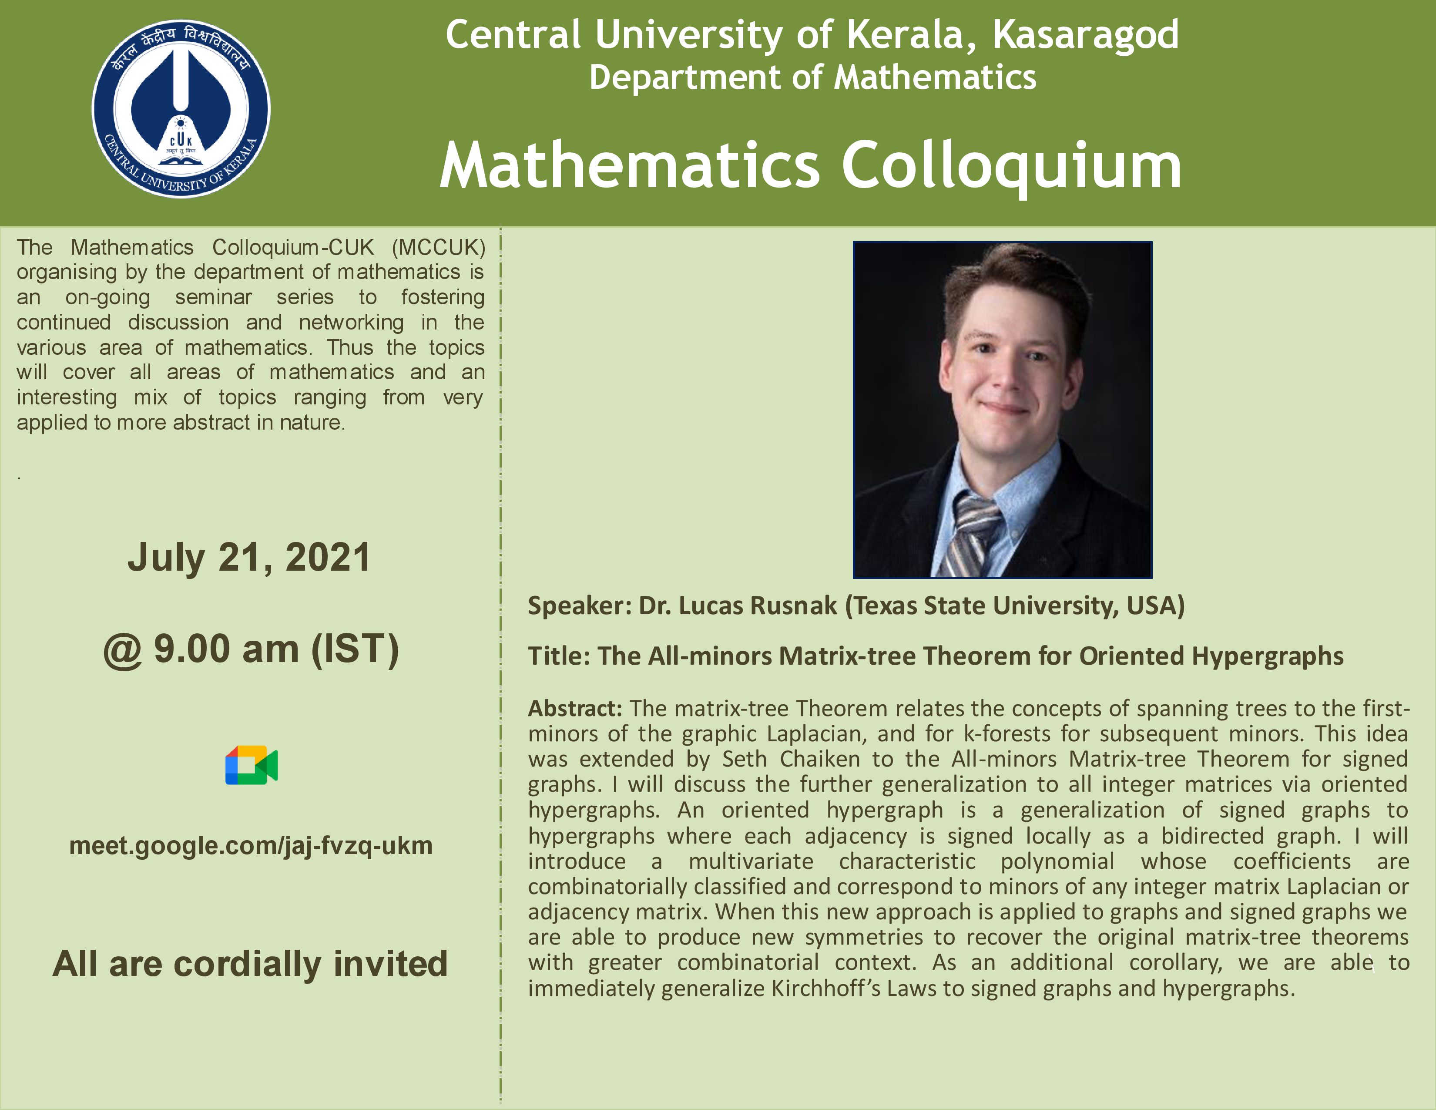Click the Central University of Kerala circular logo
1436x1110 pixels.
(181, 108)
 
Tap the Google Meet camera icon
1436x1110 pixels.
(251, 765)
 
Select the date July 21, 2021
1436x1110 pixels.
(249, 558)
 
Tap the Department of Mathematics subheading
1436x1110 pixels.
(813, 77)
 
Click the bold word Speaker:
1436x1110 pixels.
(580, 605)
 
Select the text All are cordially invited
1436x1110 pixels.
(250, 964)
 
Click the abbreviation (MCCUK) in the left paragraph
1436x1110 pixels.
(439, 247)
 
